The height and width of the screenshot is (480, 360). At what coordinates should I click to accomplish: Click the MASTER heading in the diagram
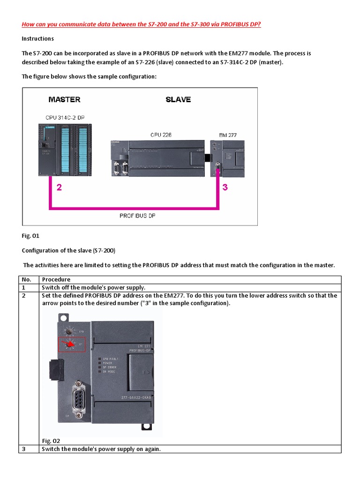pos(64,99)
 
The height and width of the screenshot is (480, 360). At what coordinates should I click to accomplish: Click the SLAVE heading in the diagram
pos(178,99)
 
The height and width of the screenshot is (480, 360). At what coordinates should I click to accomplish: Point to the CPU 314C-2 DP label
pos(65,117)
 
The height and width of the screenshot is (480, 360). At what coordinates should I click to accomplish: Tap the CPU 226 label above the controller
pos(161,135)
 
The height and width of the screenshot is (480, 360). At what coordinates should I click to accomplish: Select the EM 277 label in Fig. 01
pos(228,135)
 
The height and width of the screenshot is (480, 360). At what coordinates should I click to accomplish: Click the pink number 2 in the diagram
pos(59,188)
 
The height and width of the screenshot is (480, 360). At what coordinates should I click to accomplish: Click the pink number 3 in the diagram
pos(225,188)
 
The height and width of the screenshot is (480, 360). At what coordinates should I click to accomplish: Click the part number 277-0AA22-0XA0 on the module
pos(140,398)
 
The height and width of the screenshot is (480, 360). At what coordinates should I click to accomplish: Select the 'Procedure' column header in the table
pos(56,279)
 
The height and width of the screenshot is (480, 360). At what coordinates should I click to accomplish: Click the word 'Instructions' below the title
pos(38,38)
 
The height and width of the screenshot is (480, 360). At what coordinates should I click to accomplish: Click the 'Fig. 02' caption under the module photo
pos(51,441)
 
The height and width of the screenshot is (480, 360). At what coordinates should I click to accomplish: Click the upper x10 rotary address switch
pos(70,331)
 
